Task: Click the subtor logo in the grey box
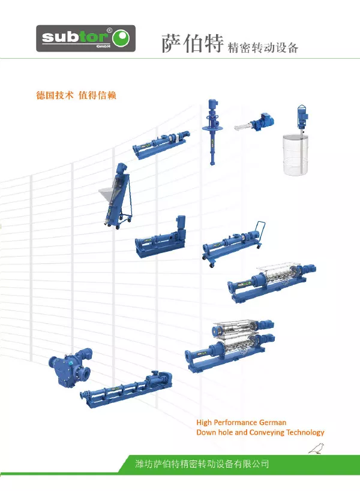[86, 38]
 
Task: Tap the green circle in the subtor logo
[122, 38]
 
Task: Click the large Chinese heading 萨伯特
[193, 43]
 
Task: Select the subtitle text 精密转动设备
[263, 47]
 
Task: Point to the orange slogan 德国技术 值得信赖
[76, 95]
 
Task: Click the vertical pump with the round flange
[212, 131]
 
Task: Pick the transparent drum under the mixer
[295, 155]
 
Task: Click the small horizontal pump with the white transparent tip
[254, 122]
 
